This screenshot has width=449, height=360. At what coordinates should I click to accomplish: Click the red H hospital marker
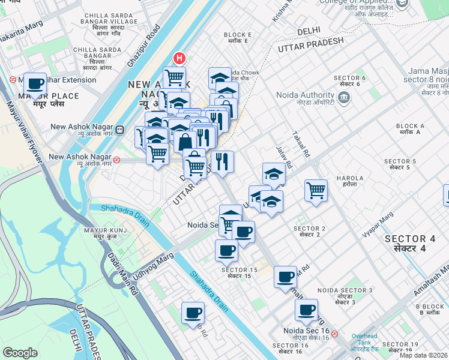click(x=179, y=58)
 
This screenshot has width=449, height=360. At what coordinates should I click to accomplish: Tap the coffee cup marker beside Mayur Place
click(x=35, y=83)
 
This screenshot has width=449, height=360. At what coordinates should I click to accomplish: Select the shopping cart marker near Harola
click(x=316, y=190)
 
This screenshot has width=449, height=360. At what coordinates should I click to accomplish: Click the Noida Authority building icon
click(x=344, y=97)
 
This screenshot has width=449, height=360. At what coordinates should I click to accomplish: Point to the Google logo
click(x=20, y=353)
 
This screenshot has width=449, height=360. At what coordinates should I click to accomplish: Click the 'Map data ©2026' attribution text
click(x=424, y=355)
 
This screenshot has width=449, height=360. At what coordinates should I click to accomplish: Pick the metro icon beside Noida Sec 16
click(x=335, y=334)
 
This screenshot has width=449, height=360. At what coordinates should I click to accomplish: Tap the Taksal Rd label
click(x=301, y=145)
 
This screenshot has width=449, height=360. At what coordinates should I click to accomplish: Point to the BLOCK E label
click(x=235, y=38)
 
